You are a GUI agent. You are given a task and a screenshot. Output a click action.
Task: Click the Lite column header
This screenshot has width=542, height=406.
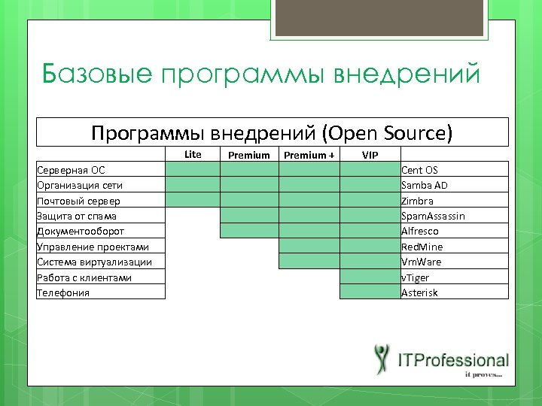click(193, 154)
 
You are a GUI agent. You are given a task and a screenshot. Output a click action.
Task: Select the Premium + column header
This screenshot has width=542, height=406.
click(309, 155)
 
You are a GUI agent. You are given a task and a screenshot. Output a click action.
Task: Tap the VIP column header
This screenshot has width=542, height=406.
click(370, 155)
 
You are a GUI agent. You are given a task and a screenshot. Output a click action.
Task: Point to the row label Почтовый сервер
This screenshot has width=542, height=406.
click(78, 201)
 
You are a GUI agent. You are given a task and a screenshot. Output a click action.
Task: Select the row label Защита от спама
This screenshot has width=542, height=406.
click(77, 216)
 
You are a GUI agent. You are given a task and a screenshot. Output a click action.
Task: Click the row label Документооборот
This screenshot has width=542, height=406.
click(81, 232)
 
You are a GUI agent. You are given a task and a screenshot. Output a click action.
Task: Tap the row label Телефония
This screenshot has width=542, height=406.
click(63, 292)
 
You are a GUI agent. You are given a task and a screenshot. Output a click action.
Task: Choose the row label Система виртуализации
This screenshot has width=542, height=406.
click(94, 262)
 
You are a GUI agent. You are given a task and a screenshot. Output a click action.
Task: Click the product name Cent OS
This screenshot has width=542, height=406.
click(419, 170)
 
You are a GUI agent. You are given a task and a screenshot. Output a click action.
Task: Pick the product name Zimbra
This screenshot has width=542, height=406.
click(417, 201)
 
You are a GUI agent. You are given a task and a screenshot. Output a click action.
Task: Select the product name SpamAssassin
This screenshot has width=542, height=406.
click(433, 216)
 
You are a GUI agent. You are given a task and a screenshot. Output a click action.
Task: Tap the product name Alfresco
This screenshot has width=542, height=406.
click(420, 232)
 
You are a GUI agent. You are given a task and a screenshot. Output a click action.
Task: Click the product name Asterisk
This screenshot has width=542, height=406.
click(419, 292)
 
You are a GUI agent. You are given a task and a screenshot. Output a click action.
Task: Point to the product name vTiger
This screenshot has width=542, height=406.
click(414, 277)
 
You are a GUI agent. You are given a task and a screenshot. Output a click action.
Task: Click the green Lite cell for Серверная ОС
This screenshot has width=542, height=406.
click(193, 170)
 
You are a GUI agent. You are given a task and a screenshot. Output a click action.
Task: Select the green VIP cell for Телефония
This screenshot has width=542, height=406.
click(370, 292)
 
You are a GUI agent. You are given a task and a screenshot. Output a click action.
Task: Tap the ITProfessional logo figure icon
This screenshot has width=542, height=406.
click(383, 359)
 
